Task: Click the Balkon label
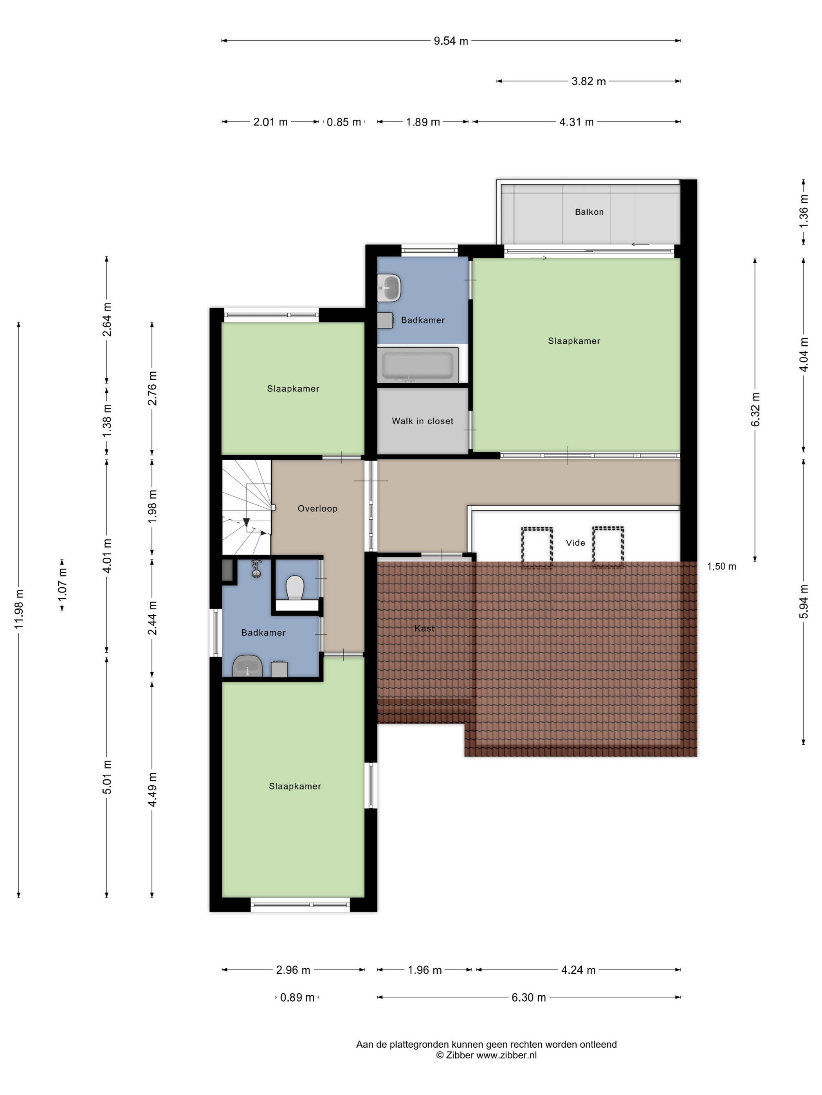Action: point(589,212)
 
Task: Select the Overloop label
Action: point(317,508)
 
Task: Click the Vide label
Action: point(575,542)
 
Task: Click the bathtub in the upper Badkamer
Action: point(418,365)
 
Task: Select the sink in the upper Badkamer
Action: point(389,287)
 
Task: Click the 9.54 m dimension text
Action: point(451,41)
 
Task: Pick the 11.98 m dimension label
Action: point(19,609)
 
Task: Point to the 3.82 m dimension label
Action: point(589,81)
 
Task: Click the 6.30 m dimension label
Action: point(529,998)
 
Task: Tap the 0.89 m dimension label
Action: point(297,998)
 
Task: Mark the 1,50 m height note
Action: point(721,566)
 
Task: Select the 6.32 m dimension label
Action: point(755,409)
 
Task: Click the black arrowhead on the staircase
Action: point(246,522)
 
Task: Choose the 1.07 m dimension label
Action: point(62,585)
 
